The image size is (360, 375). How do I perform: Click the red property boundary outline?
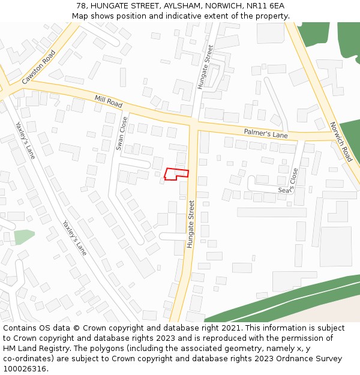[176, 174]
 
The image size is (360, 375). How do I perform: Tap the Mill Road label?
[108, 101]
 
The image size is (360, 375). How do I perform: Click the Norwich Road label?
[341, 142]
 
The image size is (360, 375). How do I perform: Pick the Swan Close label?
[122, 133]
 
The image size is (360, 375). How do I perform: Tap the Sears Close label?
[288, 184]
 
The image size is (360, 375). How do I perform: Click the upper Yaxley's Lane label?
[25, 140]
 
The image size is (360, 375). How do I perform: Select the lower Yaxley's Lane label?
[74, 238]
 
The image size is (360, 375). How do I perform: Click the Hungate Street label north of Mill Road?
[205, 67]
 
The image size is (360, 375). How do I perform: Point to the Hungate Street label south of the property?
[191, 224]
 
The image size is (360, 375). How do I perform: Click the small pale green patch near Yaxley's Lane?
[24, 236]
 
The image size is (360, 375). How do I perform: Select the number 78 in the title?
[82, 6]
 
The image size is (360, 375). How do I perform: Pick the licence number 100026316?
[25, 369]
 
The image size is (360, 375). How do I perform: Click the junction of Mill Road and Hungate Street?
[194, 120]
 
